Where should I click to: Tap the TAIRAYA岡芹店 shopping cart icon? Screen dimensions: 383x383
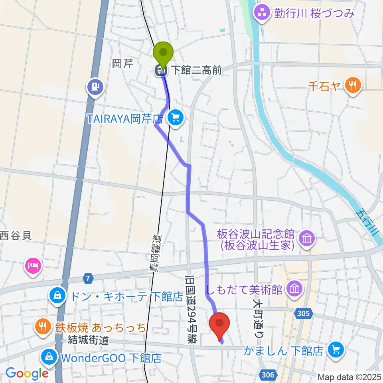coord(176,117)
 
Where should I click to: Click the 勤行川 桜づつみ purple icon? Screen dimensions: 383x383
coord(263,13)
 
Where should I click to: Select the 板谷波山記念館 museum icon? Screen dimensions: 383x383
coord(308,239)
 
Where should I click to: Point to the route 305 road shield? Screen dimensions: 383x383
coord(304,314)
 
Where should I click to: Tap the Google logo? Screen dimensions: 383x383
coord(27,373)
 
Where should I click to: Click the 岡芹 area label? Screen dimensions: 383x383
coord(122,64)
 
